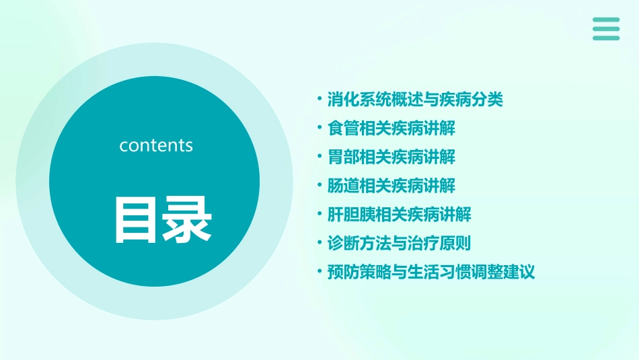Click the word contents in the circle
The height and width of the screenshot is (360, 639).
[x=156, y=145]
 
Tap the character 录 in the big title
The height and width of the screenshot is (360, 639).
[x=188, y=220]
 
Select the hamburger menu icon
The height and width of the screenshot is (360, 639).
[x=606, y=29]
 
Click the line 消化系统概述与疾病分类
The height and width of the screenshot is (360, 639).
[x=415, y=100]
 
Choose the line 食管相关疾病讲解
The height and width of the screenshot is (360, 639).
[x=391, y=129]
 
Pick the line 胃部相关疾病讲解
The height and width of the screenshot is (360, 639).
[x=391, y=157]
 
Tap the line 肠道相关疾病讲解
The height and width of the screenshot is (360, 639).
[x=391, y=186]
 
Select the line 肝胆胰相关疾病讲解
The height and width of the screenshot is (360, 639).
[x=399, y=215]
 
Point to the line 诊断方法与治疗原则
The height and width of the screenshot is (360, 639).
[x=399, y=244]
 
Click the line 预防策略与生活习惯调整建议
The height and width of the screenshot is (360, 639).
[x=431, y=273]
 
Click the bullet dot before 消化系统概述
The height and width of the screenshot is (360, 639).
[x=319, y=100]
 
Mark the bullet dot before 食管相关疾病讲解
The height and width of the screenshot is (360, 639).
[x=319, y=129]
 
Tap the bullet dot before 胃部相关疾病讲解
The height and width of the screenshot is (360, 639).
[x=319, y=157]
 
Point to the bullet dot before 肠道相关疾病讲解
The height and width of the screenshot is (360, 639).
[x=319, y=186]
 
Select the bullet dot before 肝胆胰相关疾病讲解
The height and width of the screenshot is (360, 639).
[x=319, y=215]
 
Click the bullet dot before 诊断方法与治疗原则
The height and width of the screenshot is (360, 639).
[x=319, y=244]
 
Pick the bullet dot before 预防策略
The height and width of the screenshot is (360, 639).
[x=319, y=273]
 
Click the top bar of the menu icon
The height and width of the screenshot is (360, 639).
[x=606, y=20]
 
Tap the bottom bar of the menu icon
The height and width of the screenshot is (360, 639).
[x=606, y=38]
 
